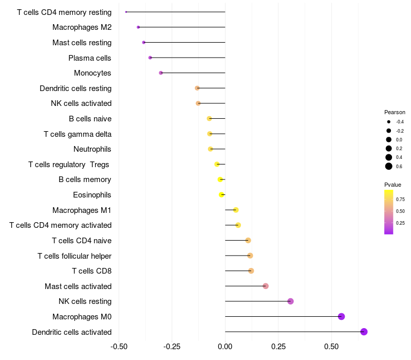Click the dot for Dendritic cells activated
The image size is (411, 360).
click(364, 332)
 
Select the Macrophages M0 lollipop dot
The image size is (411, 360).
click(341, 316)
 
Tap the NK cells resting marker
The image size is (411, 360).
click(290, 301)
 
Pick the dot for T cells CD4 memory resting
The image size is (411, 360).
click(126, 12)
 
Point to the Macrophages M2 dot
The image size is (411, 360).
click(138, 27)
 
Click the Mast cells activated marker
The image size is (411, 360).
click(266, 286)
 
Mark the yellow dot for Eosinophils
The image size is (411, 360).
click(221, 194)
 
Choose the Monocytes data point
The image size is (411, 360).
click(161, 73)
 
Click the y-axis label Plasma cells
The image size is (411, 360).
click(90, 58)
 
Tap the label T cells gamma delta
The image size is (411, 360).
click(78, 134)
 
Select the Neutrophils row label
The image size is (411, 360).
click(92, 149)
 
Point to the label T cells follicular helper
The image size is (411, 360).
click(74, 256)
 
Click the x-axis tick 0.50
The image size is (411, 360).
click(331, 347)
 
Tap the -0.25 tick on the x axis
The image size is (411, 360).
click(172, 347)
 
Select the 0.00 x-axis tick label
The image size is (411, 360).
click(225, 347)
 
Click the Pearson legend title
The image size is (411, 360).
click(395, 112)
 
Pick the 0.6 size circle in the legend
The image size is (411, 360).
click(389, 166)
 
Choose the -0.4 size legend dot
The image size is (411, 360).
click(389, 122)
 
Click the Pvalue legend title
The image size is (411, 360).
click(393, 185)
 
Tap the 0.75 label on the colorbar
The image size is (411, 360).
click(400, 200)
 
